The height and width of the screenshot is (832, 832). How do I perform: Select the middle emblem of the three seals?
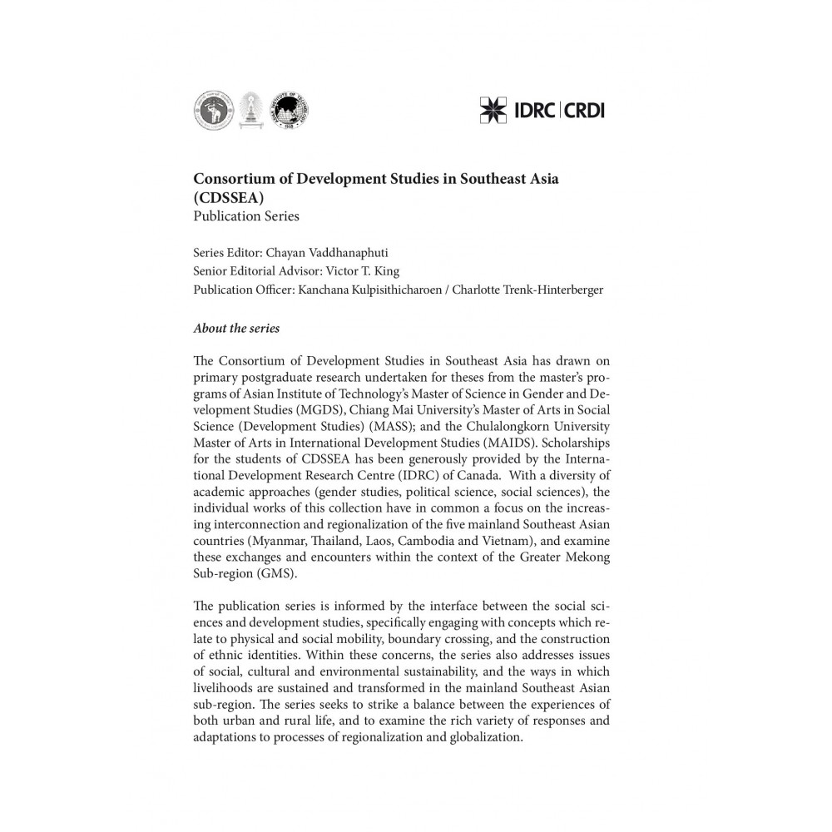pos(249,111)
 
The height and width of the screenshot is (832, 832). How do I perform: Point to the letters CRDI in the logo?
pos(583,110)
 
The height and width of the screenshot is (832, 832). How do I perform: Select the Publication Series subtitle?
pos(245,217)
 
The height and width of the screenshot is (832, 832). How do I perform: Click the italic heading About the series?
pos(236,328)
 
